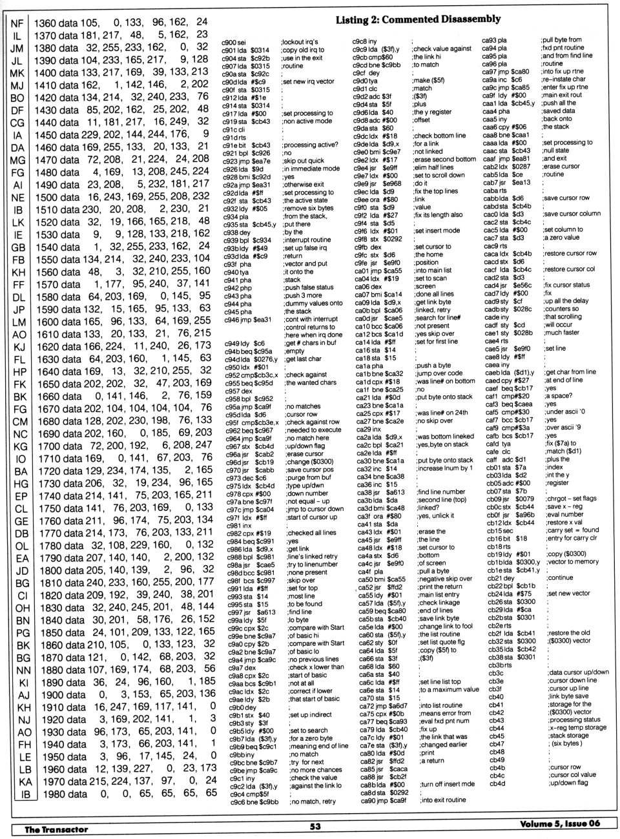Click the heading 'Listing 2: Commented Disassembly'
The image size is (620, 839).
(x=418, y=20)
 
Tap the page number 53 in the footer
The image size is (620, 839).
(x=315, y=825)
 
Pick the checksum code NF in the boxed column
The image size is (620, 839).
(x=17, y=23)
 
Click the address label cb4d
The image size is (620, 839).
(x=496, y=783)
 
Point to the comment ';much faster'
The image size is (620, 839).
(x=562, y=333)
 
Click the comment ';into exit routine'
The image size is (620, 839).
(x=442, y=800)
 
